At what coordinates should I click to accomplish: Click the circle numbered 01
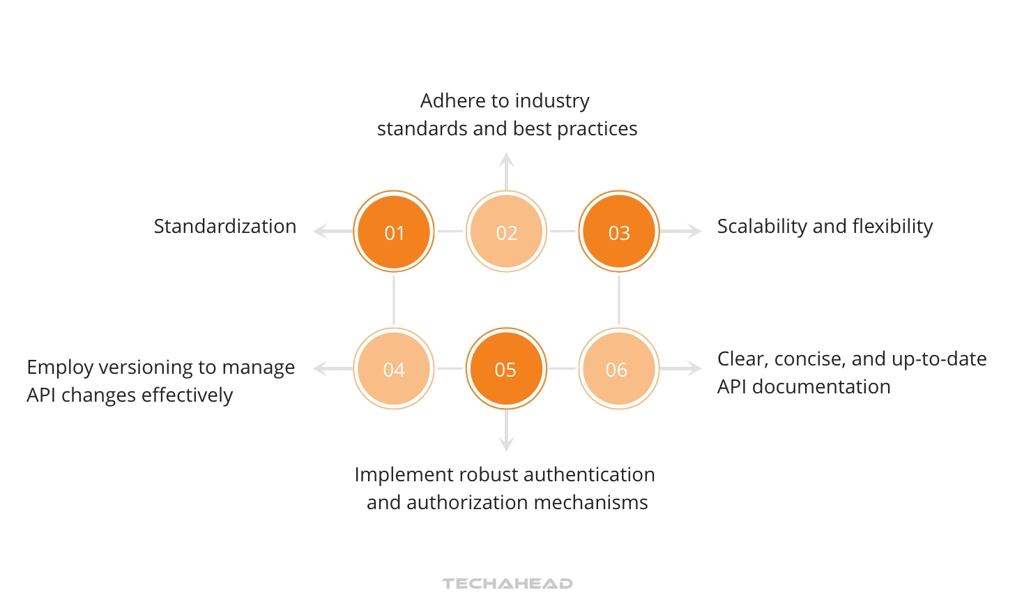coord(394,232)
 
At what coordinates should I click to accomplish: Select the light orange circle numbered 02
coord(506,232)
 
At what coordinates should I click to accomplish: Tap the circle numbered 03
coord(619,232)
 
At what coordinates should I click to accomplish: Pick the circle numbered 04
coord(394,368)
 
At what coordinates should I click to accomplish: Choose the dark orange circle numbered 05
coord(506,368)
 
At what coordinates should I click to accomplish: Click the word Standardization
coord(224,226)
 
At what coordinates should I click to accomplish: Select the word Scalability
coord(762,226)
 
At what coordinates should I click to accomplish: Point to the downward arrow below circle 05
coord(507,432)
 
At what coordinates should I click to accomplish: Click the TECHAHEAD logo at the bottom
coord(507,583)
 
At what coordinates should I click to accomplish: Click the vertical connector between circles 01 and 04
coord(394,300)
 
